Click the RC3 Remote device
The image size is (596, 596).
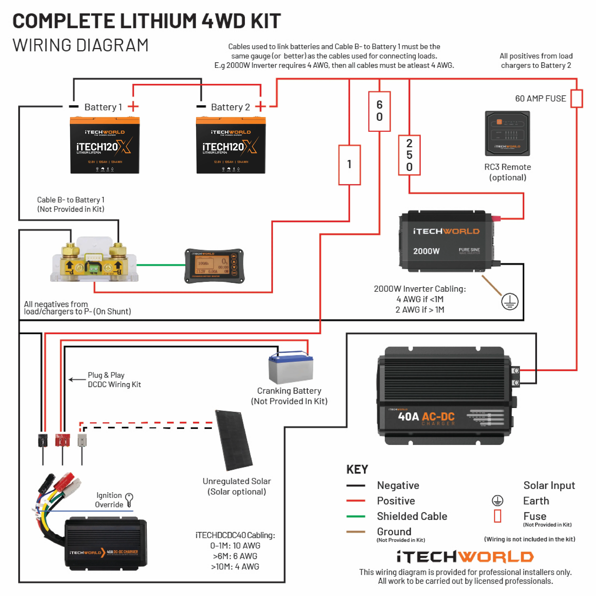507,134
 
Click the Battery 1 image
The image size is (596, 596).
105,145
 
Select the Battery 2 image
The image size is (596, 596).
231,145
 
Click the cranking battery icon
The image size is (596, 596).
291,368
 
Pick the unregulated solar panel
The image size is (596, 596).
234,441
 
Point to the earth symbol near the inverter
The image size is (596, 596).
510,301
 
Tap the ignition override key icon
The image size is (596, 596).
129,499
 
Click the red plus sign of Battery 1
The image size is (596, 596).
133,107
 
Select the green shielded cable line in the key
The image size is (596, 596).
356,516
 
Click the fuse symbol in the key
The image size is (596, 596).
497,516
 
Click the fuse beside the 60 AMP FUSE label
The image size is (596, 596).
576,99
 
